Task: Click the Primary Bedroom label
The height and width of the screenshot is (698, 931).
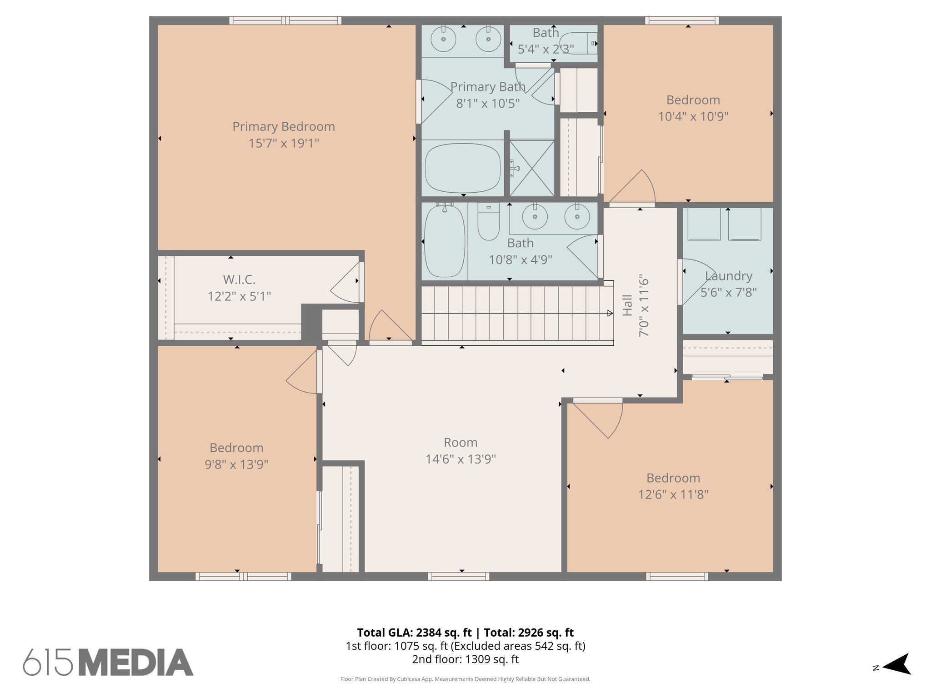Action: pos(284,126)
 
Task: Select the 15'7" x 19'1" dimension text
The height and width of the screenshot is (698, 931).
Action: pos(284,143)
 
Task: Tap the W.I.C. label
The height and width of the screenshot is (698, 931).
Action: pos(239,279)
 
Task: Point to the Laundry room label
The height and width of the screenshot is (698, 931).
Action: pos(729,276)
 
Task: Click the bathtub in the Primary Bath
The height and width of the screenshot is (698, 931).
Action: pos(462,168)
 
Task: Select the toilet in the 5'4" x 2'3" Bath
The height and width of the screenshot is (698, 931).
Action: pos(579,44)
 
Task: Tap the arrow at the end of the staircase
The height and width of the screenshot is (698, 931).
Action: pos(609,313)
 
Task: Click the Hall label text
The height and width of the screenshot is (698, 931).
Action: pos(627,305)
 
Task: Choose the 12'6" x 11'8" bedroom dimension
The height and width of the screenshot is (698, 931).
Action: pos(673,494)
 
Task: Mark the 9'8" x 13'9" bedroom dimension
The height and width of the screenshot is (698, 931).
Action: pos(236,464)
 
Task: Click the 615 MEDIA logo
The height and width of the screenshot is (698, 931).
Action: pos(108,662)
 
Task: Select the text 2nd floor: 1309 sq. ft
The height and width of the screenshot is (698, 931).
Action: pos(465,659)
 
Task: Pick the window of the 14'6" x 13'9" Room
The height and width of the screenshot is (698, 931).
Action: pos(459,576)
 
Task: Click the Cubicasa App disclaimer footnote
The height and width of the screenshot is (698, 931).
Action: pos(465,679)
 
